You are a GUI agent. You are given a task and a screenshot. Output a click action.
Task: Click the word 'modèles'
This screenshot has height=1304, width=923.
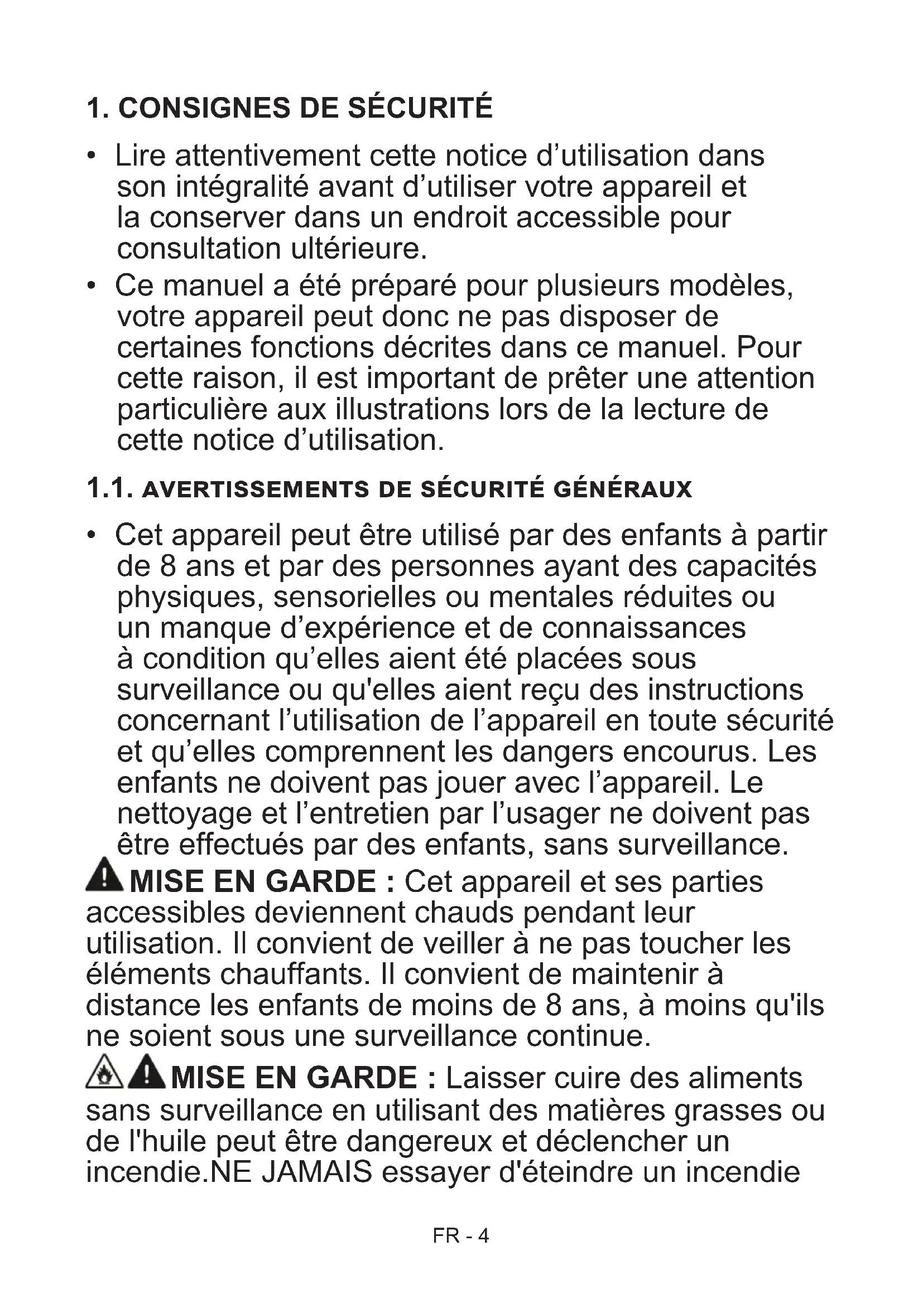click(730, 285)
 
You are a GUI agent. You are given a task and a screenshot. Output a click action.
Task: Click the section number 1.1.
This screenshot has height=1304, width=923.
click(109, 488)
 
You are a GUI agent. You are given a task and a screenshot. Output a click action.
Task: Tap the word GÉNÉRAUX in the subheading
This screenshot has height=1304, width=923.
click(622, 489)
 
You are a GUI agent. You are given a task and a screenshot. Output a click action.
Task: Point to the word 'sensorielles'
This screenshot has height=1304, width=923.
click(355, 597)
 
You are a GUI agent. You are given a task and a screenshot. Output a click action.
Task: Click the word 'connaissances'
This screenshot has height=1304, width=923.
click(643, 628)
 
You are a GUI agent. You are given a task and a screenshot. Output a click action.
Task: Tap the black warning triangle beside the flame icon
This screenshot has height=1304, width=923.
click(147, 1072)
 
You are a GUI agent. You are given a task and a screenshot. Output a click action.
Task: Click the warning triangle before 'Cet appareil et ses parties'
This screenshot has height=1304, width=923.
click(104, 875)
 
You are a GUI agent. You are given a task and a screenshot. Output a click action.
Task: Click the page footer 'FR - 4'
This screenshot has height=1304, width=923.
click(460, 1236)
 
